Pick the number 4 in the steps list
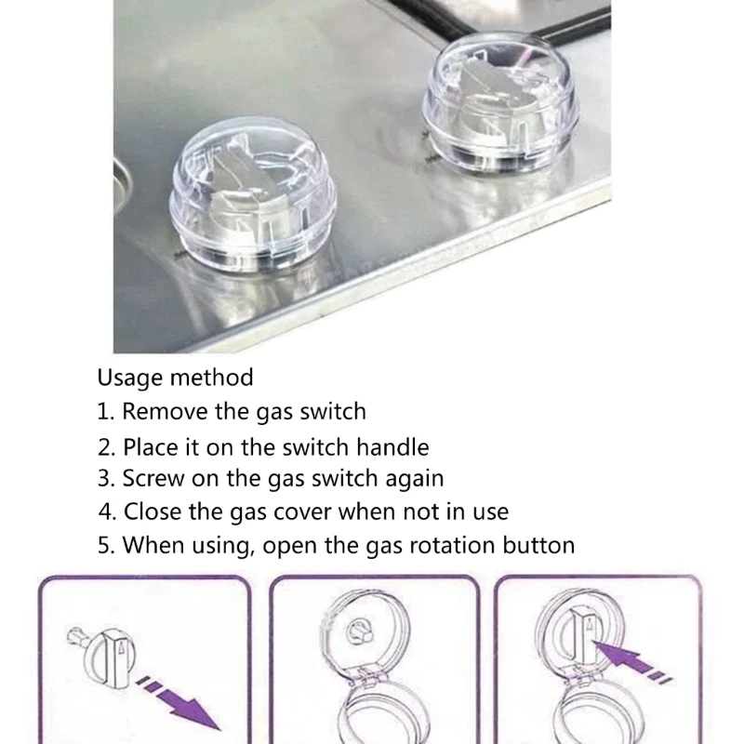pos(107,511)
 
